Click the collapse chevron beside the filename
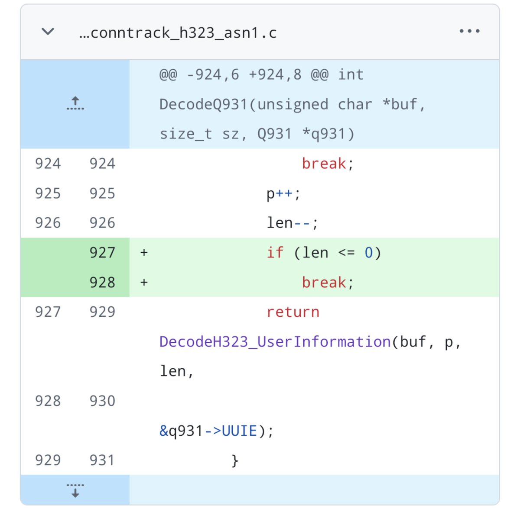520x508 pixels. pos(48,31)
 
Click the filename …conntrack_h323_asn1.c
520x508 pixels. pos(178,33)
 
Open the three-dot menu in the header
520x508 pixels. pos(469,31)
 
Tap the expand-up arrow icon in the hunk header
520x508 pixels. pos(75,103)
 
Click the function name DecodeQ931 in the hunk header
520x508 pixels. pos(204,104)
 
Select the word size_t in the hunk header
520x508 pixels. pos(186,134)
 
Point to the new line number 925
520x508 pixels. pos(102,193)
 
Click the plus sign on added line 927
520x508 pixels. pos(144,252)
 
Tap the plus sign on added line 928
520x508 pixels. pos(144,282)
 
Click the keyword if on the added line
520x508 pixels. pos(275,252)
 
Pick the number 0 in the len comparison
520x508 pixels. pos(369,253)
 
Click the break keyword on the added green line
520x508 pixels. pos(324,282)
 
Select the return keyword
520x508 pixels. pos(293,312)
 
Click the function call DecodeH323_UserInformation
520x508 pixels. pos(275,342)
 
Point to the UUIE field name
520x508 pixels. pos(239,431)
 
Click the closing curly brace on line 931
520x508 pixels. pos(235,461)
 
